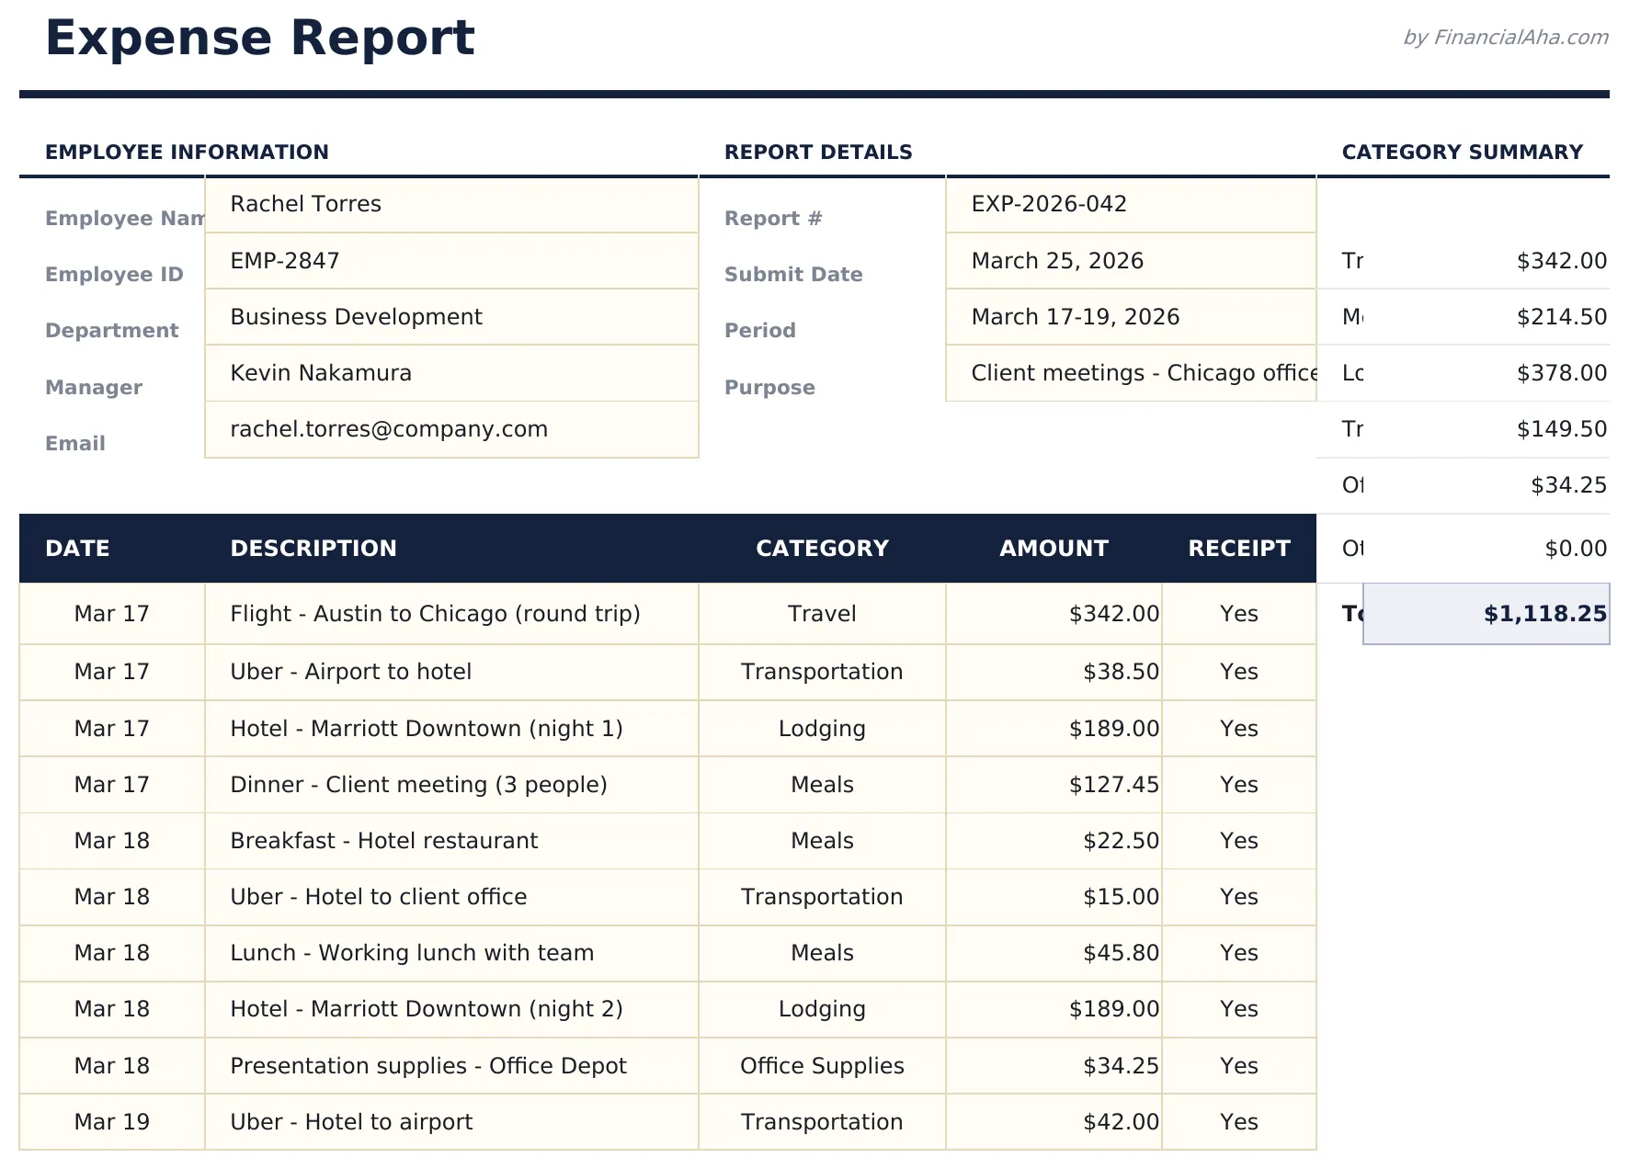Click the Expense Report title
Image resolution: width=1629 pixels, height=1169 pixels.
259,39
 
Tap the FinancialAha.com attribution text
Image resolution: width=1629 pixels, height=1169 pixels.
1505,38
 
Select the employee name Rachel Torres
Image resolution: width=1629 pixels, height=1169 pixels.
305,204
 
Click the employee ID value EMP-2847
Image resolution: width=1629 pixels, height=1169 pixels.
285,261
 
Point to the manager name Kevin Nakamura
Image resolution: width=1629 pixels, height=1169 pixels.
321,373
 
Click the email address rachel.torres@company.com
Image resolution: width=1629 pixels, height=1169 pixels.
389,429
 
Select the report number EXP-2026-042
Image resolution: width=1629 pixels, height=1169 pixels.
1049,204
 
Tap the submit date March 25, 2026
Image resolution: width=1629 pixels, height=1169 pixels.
1057,261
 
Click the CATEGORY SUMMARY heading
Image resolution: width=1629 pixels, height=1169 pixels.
1462,153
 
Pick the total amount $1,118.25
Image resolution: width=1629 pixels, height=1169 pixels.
1544,614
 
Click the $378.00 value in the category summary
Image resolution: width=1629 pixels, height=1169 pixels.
1561,373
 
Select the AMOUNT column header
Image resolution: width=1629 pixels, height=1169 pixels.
1054,549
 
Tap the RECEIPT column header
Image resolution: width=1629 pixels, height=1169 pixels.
1238,549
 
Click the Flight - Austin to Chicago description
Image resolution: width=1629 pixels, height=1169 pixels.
435,614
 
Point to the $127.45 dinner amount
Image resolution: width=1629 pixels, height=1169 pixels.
1113,785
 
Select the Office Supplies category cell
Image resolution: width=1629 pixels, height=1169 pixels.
822,1066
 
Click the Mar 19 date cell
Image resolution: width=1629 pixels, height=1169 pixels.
111,1122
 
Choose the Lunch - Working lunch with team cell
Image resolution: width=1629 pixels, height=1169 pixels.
412,953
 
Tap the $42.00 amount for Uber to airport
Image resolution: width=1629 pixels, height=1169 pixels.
1121,1122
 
